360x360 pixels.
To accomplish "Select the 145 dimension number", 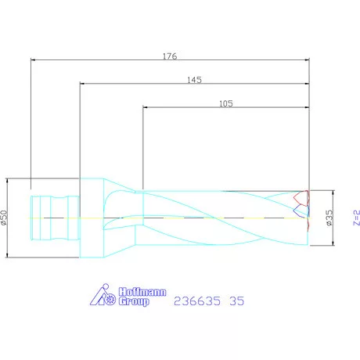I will (x=196, y=80).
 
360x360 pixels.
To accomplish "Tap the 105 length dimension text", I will (x=226, y=103).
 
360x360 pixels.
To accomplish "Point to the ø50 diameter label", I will (x=5, y=217).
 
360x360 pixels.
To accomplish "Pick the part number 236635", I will (x=196, y=298).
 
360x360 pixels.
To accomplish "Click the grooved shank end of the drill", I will (x=55, y=217).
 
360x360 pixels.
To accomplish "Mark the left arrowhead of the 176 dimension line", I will (x=32, y=60).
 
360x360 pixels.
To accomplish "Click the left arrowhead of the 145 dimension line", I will (x=82, y=84).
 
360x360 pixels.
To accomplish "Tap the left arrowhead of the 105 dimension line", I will (x=145, y=106).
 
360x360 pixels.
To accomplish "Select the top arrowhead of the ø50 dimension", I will (x=9, y=179).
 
